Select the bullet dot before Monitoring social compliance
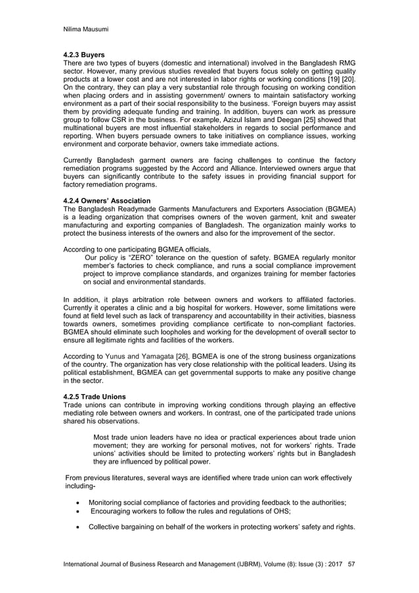pos(77,502)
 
